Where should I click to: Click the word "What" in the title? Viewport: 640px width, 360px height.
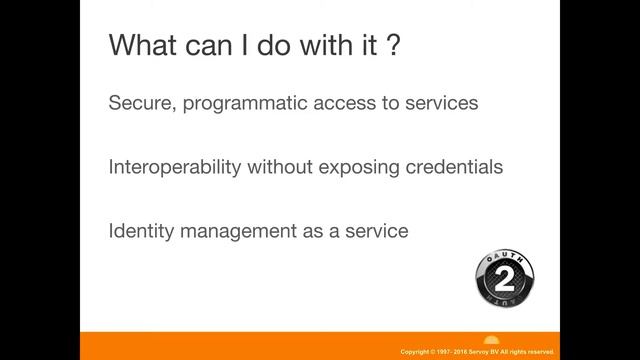tap(140, 46)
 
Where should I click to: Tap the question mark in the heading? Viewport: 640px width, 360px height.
tap(392, 46)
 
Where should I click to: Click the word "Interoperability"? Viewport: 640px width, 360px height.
tap(176, 167)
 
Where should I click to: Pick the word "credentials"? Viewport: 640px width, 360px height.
tap(453, 167)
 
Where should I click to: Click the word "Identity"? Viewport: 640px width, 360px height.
tap(139, 231)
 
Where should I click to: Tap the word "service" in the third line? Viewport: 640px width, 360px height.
tap(375, 231)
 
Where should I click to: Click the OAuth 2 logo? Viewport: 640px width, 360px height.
tap(504, 278)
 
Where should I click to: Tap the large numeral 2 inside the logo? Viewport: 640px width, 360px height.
tap(504, 276)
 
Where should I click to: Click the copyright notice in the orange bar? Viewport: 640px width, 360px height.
tap(476, 352)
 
